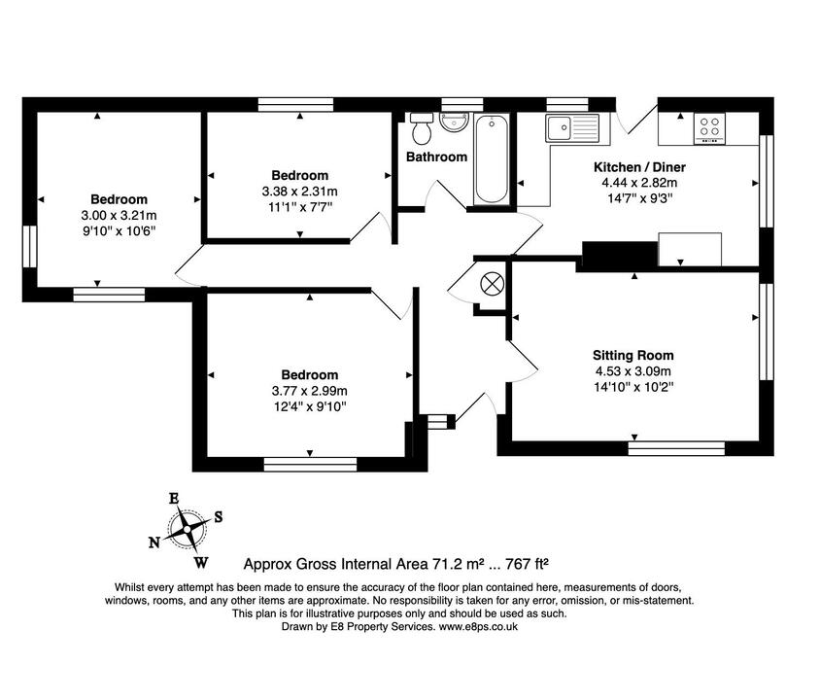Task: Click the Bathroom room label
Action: tap(436, 157)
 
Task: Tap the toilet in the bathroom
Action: tap(421, 128)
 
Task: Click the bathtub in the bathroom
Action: tap(491, 158)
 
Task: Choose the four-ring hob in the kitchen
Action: tap(708, 127)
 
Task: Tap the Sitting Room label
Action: tap(633, 355)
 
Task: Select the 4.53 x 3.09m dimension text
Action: tap(633, 370)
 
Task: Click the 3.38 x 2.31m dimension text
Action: tap(299, 191)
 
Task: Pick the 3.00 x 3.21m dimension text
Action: tap(119, 215)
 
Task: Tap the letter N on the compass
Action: tap(154, 542)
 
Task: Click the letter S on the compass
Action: tap(218, 517)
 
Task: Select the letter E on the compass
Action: tap(174, 499)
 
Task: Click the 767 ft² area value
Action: tap(525, 563)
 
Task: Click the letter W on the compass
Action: tap(200, 562)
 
